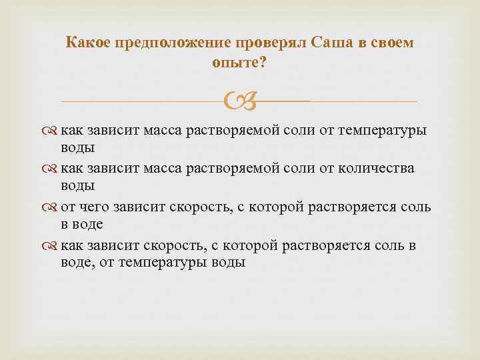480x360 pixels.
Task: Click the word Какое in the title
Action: (89, 43)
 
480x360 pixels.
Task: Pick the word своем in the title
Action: (394, 43)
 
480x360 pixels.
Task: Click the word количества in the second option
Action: (378, 169)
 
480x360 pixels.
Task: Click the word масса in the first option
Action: (165, 131)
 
